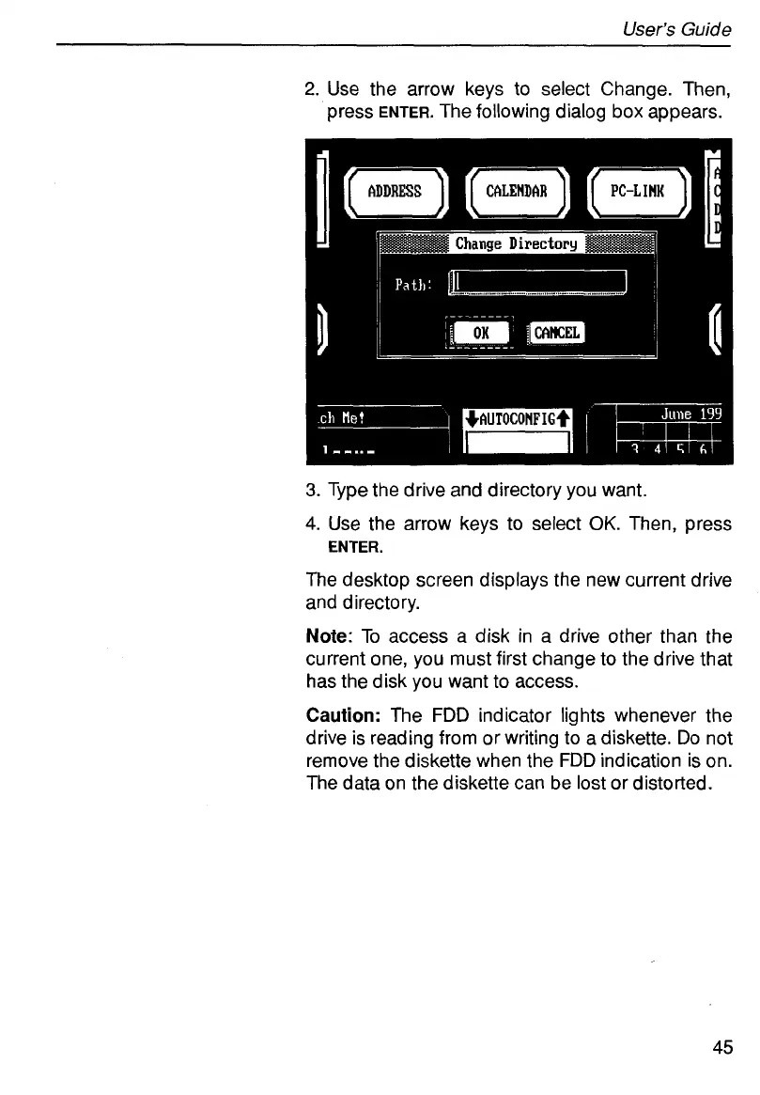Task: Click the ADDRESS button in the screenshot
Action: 394,192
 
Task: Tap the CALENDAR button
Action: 518,192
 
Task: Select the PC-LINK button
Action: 637,192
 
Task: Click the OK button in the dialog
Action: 480,332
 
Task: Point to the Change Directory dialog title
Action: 516,244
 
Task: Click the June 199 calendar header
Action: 690,413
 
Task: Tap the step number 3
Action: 312,490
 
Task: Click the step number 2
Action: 312,90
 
